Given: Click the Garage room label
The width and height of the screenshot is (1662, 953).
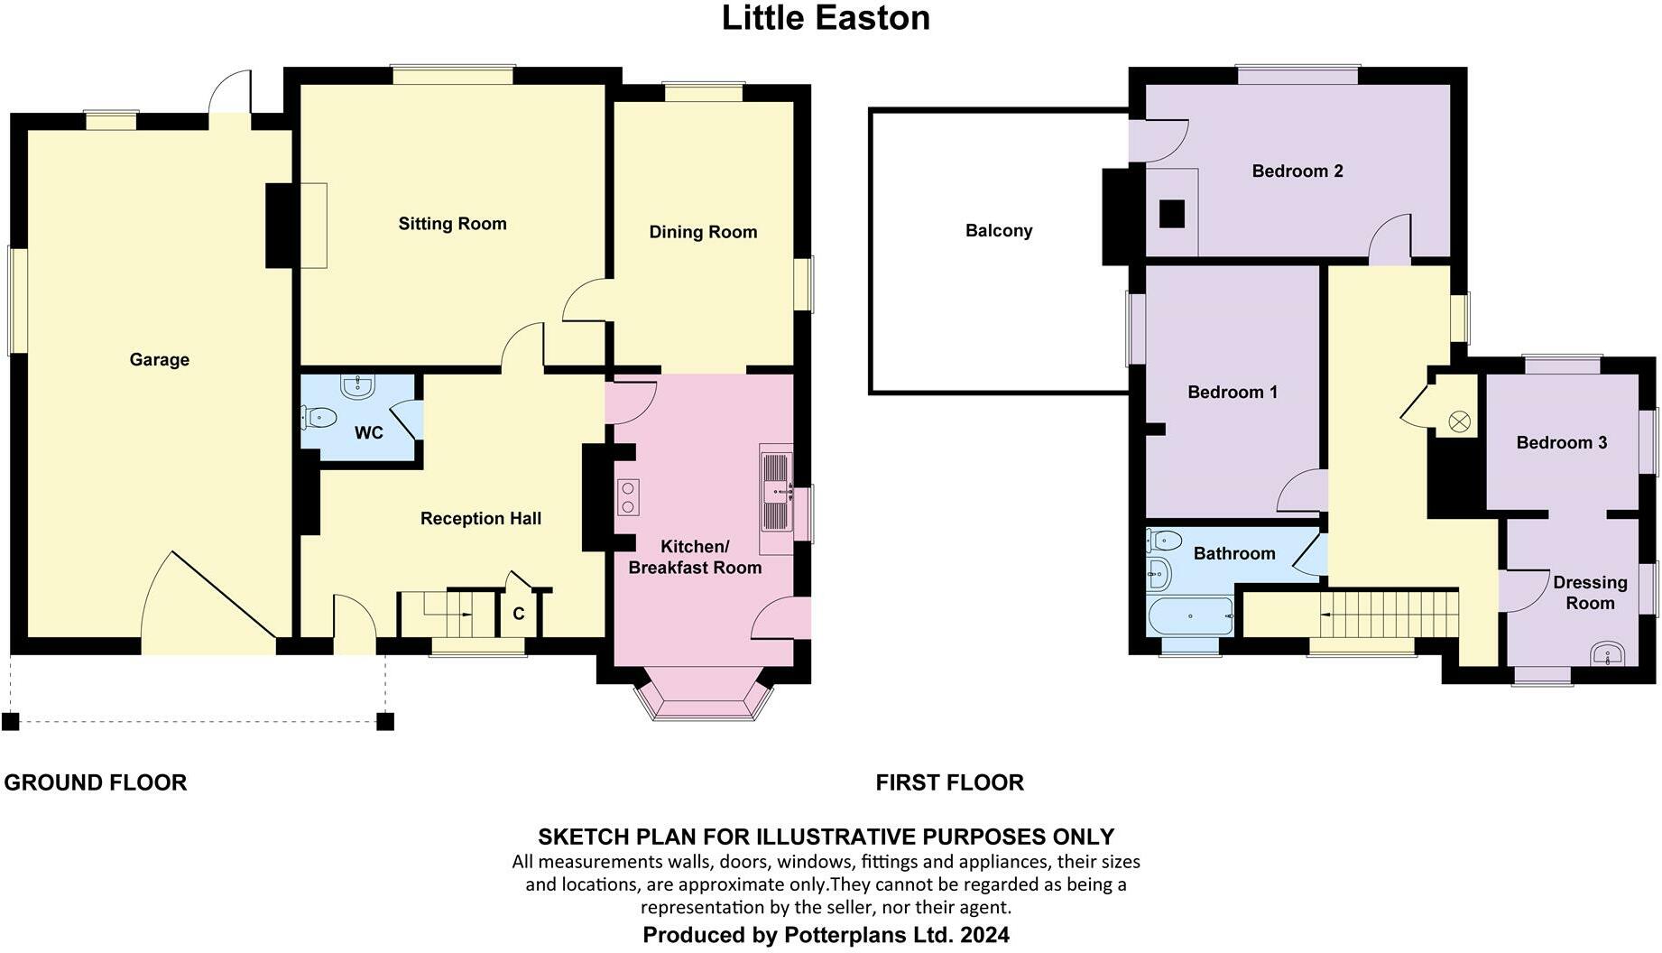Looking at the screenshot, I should [x=159, y=359].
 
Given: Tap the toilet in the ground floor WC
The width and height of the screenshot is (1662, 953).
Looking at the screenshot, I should [x=319, y=418].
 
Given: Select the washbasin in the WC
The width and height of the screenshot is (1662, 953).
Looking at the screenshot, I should [x=357, y=386].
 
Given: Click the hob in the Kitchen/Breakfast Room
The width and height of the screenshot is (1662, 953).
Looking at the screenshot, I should [x=628, y=497].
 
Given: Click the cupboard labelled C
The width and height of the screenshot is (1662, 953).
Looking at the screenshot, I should [x=519, y=614].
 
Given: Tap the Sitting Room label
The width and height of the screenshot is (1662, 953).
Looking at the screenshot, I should [x=452, y=224].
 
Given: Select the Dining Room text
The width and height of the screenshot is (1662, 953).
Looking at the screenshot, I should [x=703, y=232].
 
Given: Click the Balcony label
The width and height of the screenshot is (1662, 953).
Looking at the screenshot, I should [x=998, y=230].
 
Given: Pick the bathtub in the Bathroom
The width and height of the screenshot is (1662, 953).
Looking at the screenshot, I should [x=1190, y=616].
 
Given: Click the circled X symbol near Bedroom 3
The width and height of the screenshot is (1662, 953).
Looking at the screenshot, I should [x=1459, y=421].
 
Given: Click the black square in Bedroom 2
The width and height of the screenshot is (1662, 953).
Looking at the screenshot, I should [x=1171, y=214].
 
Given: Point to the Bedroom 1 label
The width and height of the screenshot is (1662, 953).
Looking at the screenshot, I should [x=1232, y=392].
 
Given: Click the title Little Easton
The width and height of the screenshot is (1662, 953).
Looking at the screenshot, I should [x=826, y=18].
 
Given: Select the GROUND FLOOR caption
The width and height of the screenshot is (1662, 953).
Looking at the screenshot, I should [x=96, y=782].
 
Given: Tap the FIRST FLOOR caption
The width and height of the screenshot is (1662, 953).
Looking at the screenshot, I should [x=949, y=782].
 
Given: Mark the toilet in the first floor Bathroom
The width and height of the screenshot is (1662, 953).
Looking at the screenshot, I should [x=1165, y=541].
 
